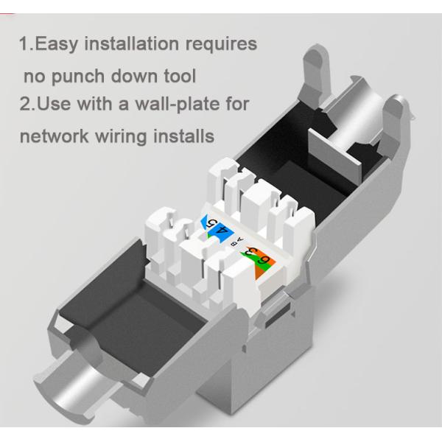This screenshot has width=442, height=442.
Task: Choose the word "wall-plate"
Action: (176, 103)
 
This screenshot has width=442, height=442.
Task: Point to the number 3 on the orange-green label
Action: (250, 253)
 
